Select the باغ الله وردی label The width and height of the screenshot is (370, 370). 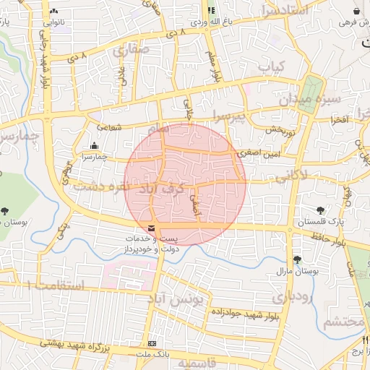(225, 22)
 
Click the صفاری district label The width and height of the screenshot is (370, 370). (131, 51)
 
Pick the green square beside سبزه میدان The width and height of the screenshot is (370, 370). (312, 95)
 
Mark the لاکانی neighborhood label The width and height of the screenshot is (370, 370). (292, 173)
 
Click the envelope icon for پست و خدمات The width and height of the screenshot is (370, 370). (150, 229)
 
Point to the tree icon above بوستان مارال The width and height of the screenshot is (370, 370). (297, 259)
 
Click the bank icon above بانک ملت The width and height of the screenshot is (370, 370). (152, 344)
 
